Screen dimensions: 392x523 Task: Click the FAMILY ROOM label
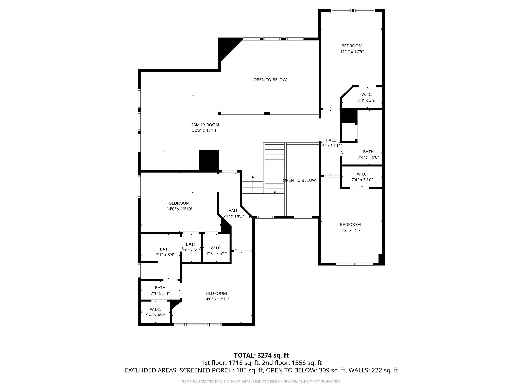[205, 125]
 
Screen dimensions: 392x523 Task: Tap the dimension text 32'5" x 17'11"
[205, 130]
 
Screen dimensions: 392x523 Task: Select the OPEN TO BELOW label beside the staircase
[299, 180]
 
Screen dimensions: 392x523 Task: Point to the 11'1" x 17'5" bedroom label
[352, 49]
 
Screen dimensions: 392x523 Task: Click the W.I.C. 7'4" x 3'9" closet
[366, 97]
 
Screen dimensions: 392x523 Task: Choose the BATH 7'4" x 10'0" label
[368, 154]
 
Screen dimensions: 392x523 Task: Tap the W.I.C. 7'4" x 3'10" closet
[362, 177]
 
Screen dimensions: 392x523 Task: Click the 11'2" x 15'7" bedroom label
[350, 227]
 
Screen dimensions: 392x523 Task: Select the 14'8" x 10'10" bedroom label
[179, 206]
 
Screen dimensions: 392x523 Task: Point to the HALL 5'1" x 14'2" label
[233, 213]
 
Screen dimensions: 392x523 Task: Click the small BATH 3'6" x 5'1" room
[191, 247]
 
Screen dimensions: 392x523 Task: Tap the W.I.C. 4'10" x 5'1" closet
[216, 251]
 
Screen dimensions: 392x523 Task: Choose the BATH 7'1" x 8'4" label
[165, 252]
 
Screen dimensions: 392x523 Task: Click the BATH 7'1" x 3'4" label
[160, 290]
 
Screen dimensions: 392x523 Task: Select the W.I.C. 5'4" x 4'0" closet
[155, 312]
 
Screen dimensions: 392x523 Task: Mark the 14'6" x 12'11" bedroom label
[216, 296]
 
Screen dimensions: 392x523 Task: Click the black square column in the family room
[209, 160]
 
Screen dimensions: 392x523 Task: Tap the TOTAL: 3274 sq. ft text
[261, 355]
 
